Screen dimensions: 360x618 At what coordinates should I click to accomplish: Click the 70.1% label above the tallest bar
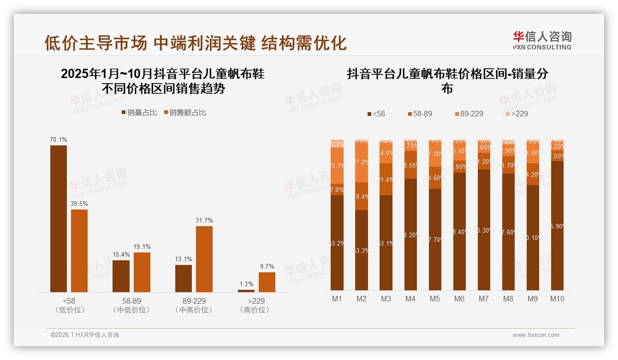(x=59, y=139)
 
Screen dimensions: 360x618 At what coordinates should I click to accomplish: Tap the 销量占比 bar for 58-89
(x=121, y=276)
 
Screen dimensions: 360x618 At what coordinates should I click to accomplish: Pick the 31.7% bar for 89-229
(x=204, y=259)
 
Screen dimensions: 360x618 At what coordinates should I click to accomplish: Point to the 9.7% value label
(x=267, y=266)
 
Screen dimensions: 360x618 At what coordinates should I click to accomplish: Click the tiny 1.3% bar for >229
(x=246, y=291)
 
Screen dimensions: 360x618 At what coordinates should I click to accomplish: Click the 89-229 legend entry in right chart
(x=469, y=114)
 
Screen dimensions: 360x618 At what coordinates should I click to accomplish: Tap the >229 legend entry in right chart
(x=516, y=114)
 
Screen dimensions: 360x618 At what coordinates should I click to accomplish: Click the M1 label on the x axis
(x=337, y=299)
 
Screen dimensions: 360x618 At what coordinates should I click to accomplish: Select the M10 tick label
(x=557, y=299)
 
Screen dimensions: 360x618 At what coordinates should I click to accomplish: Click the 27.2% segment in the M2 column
(x=362, y=162)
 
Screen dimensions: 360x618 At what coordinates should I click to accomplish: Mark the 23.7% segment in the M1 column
(x=337, y=166)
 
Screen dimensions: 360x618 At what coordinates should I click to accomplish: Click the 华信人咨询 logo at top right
(x=542, y=40)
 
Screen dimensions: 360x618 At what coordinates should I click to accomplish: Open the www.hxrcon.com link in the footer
(x=536, y=335)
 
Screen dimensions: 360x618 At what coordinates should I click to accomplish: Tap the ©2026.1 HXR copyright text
(x=85, y=335)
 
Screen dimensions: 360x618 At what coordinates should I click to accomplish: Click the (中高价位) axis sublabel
(x=194, y=310)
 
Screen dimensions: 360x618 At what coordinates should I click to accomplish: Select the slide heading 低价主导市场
(x=95, y=43)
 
